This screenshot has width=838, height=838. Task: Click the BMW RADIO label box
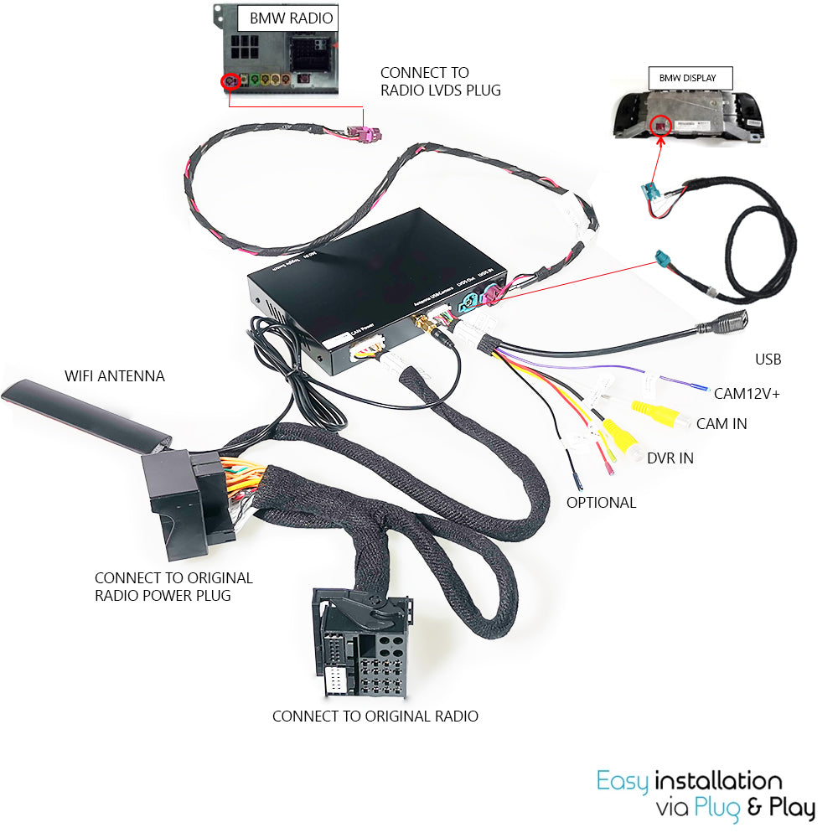291,18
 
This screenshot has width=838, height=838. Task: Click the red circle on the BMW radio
229,82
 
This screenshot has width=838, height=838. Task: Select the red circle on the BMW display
660,126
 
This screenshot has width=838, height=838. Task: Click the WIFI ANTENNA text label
115,376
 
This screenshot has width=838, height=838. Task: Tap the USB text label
768,360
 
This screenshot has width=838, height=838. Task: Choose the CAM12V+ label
747,393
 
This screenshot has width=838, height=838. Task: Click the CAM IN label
722,424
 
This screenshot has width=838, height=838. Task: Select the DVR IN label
670,458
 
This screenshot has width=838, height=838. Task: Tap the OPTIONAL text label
601,503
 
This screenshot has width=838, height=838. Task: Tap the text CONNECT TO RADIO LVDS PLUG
440,81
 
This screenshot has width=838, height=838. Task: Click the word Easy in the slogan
622,782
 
